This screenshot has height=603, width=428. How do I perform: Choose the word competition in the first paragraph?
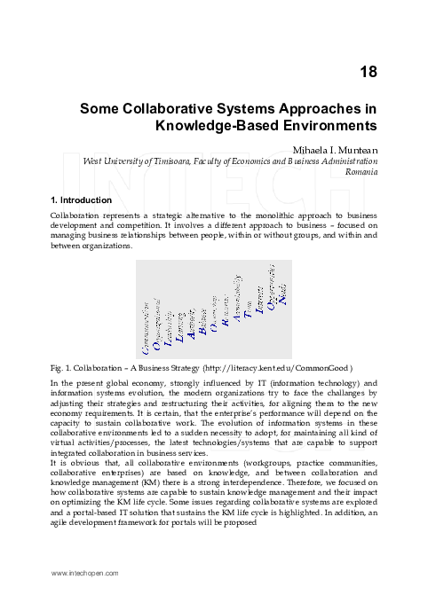pyautogui.click(x=134, y=226)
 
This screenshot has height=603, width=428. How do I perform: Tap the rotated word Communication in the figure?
pyautogui.click(x=146, y=324)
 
